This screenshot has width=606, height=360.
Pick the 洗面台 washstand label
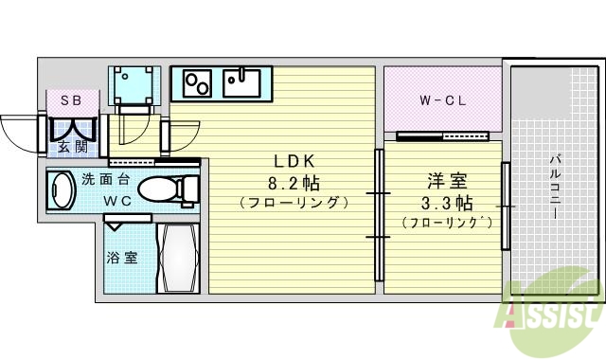point(100,179)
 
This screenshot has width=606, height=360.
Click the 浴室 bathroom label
point(121,257)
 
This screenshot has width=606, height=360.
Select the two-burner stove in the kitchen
point(196,83)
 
